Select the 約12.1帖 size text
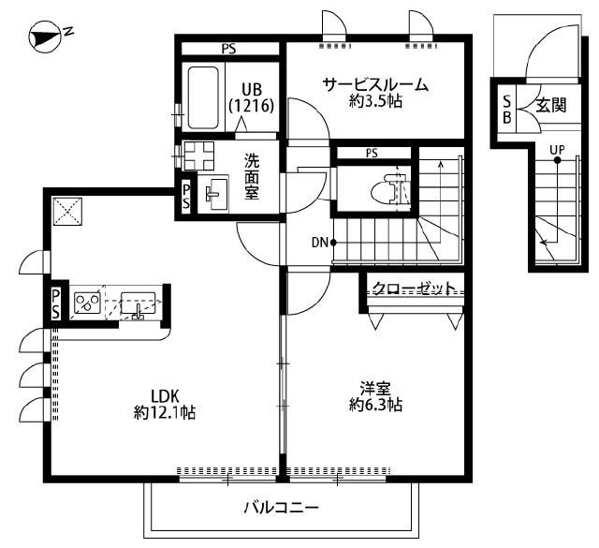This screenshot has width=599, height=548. (164, 411)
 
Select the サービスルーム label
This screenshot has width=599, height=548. (375, 84)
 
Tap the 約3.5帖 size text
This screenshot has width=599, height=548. (375, 102)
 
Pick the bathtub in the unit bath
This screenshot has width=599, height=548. (202, 98)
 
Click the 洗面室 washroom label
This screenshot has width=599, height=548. (253, 175)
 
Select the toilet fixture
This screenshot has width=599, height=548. (392, 191)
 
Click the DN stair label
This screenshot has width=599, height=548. (319, 243)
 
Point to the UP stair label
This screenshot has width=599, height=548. (557, 150)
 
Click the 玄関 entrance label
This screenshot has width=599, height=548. (550, 106)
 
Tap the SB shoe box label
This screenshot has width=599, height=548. (507, 110)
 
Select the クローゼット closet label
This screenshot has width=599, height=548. (414, 288)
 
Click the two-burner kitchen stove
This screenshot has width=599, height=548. (88, 303)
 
